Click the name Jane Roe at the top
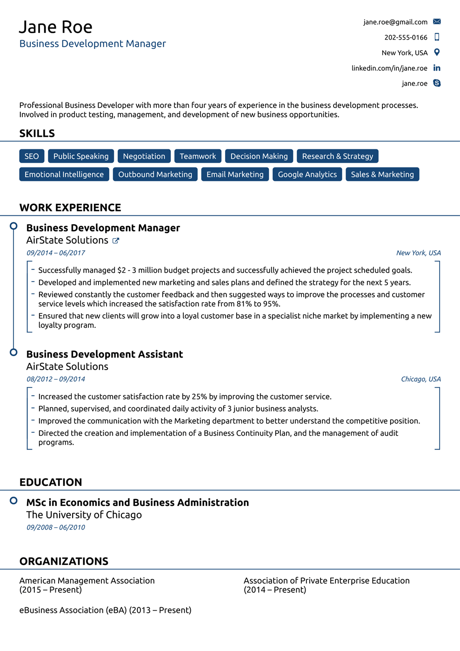pos(56,27)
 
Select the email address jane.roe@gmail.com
pos(395,22)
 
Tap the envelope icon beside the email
pos(437,22)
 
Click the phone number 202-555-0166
pos(406,37)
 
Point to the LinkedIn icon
pos(437,68)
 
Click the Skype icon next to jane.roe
pos(437,83)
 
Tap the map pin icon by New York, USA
pos(437,53)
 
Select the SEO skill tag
pos(32,156)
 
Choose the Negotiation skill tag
pos(144,156)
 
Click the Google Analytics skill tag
pos(307,174)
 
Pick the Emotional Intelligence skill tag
pos(64,174)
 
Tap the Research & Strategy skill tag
pos(337,156)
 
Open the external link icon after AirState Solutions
pos(116,241)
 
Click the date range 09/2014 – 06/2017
pos(56,253)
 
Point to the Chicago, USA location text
pos(420,379)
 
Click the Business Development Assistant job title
pos(105,354)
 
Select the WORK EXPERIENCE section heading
pos(70,207)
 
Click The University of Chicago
pos(84,515)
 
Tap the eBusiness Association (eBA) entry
pos(105,610)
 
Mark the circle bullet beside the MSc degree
pos(13,501)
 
